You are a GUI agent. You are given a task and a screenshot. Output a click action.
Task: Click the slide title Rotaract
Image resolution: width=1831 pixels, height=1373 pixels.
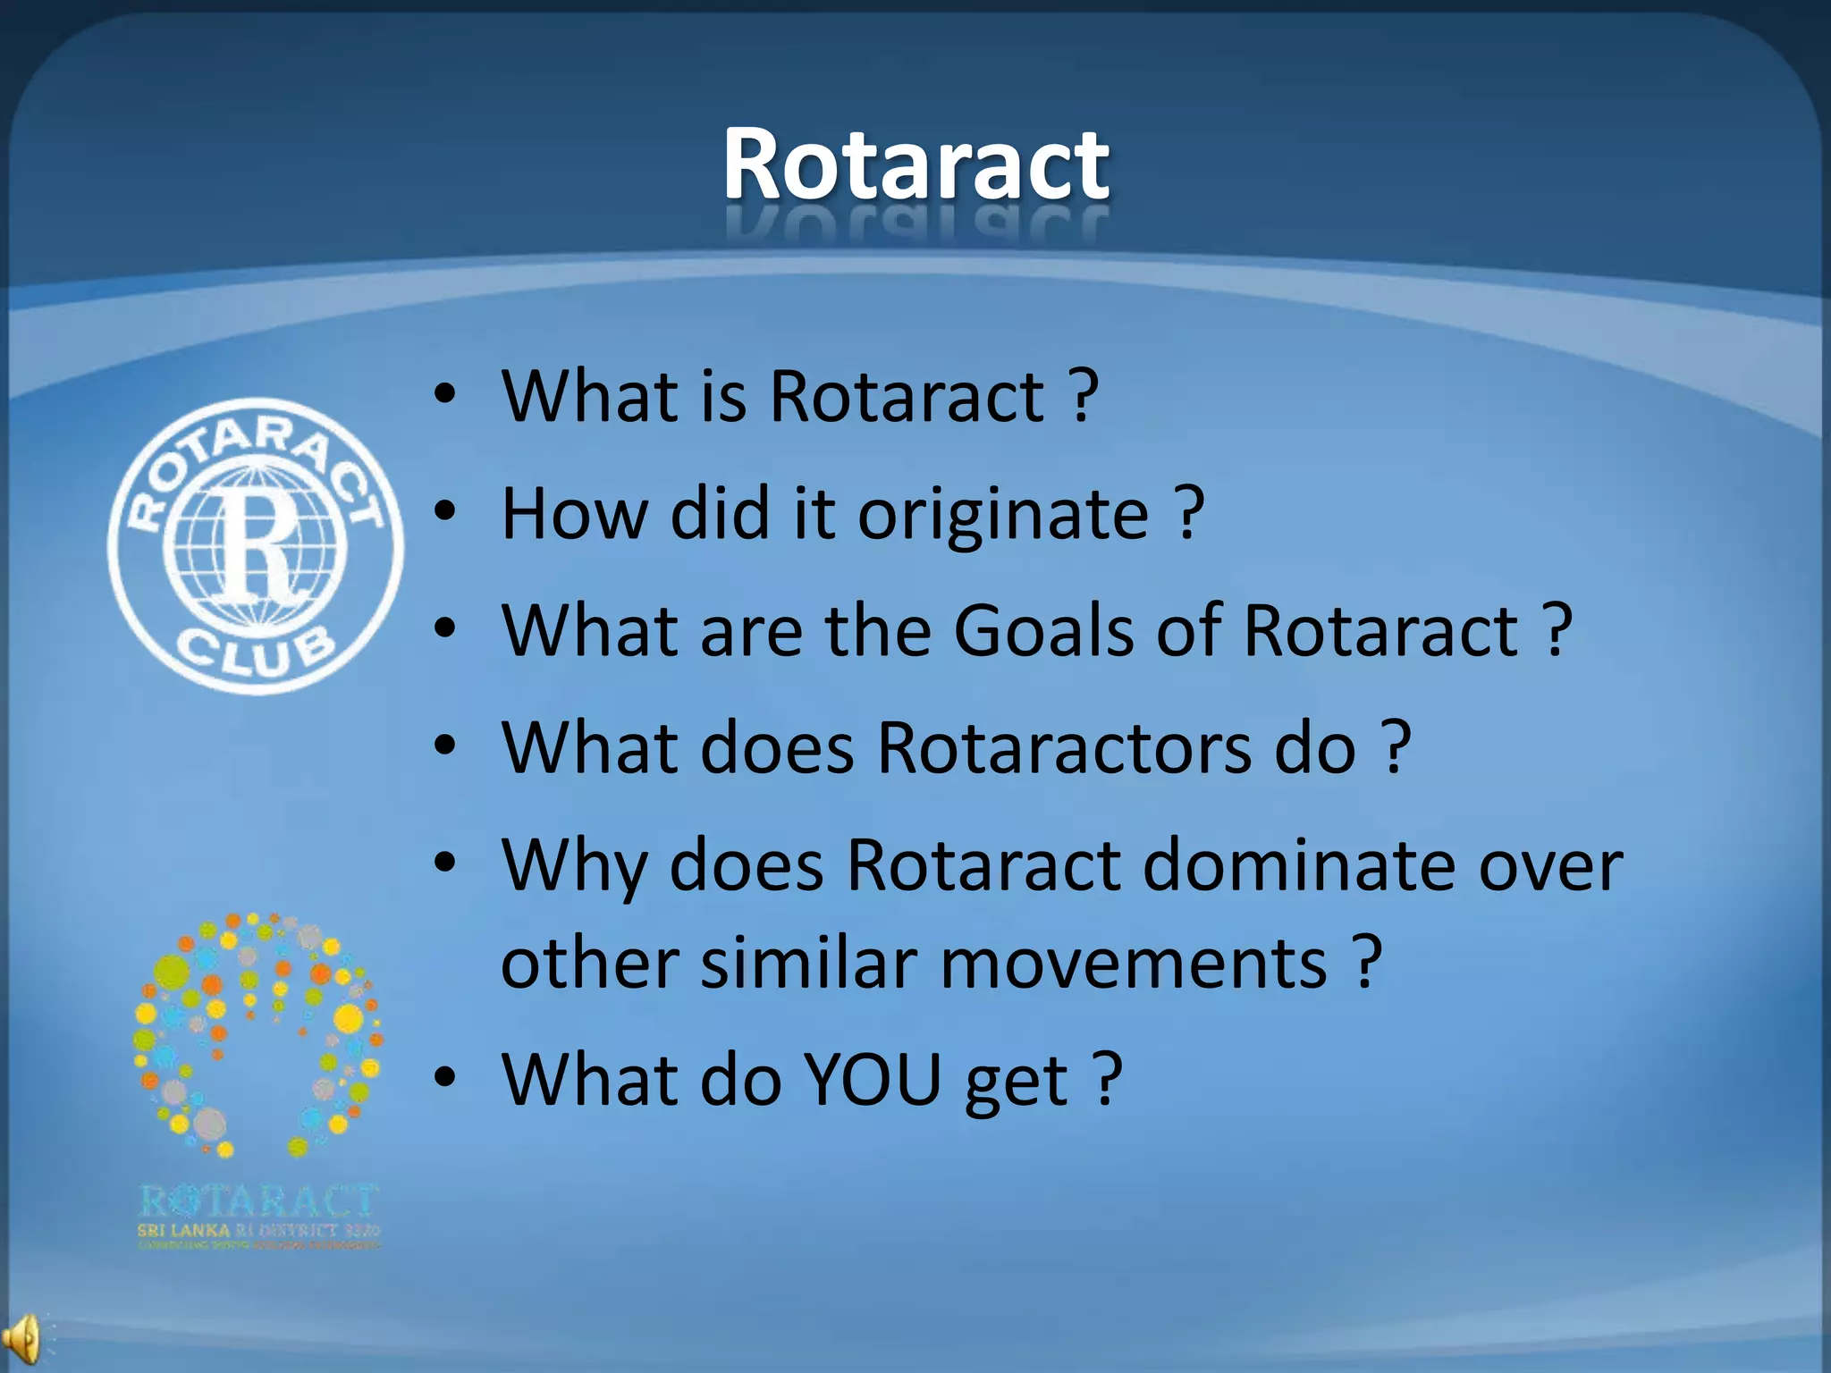point(915,164)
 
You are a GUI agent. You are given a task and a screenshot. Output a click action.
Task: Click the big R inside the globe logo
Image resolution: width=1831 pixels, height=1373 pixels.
point(257,545)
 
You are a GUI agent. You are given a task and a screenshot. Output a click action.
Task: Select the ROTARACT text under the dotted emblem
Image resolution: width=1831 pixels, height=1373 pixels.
point(259,1200)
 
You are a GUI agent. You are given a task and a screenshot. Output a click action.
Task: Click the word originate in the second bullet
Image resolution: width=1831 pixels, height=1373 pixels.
point(1003,515)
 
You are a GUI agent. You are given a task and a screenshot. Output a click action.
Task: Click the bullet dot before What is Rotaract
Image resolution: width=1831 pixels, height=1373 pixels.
point(445,395)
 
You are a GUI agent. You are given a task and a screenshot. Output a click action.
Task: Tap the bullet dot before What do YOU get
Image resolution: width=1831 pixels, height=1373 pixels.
point(445,1078)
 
